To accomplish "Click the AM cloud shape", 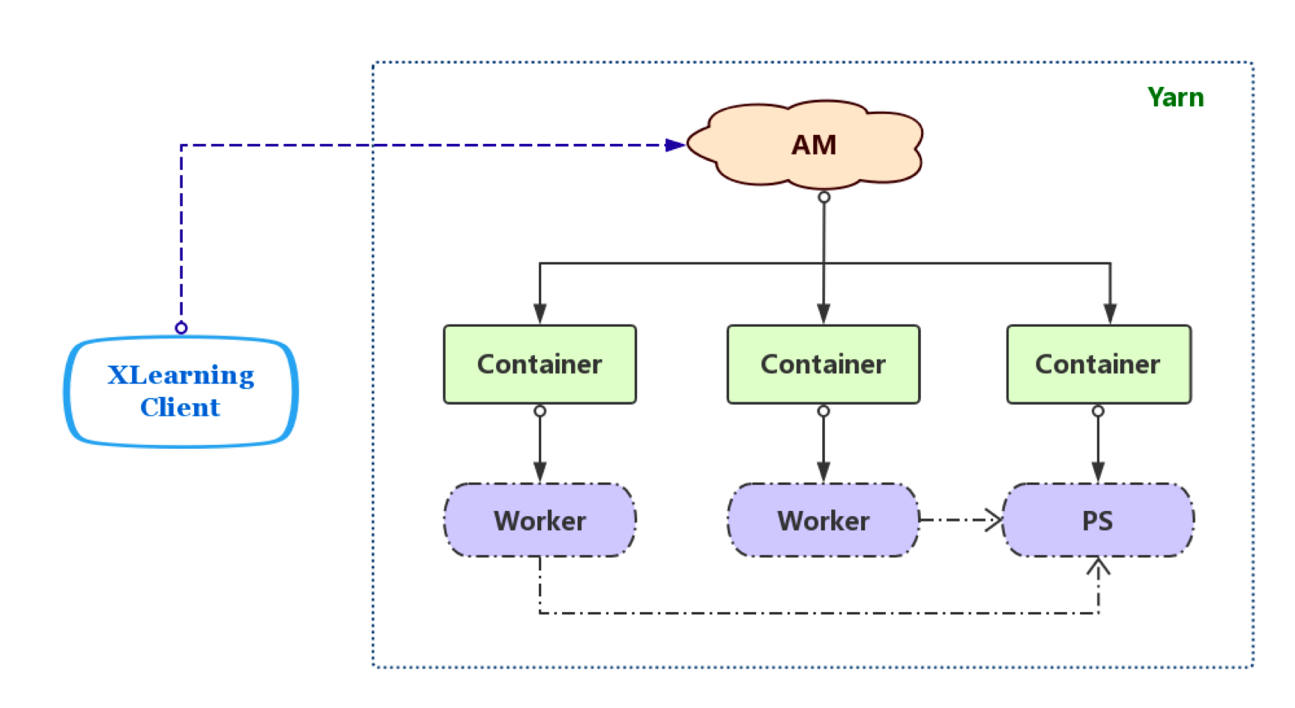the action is coord(806,145).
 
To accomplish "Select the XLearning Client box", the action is coord(181,392).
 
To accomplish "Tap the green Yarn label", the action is coord(1175,97).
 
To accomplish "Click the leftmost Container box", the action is coord(540,364).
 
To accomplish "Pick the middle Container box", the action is coord(823,364).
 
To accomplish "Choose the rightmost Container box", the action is coord(1098,364).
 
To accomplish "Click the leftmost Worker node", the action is coord(540,520).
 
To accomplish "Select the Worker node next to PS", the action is coord(823,520).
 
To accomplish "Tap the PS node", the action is coord(1098,520).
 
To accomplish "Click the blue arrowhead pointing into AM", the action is coord(674,145).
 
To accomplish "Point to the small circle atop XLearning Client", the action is coord(181,327).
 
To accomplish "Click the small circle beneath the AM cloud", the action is coord(824,197).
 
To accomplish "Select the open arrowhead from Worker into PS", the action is coord(994,519).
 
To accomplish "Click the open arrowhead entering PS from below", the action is coord(1098,566).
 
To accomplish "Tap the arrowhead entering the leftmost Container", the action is coord(540,314).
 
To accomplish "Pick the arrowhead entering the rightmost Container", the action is coord(1110,314).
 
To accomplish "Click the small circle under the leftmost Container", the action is coord(540,411).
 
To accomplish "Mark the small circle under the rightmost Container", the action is coord(1098,411).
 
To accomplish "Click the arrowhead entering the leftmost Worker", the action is coord(540,473).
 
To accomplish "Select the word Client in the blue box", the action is coord(180,408).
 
